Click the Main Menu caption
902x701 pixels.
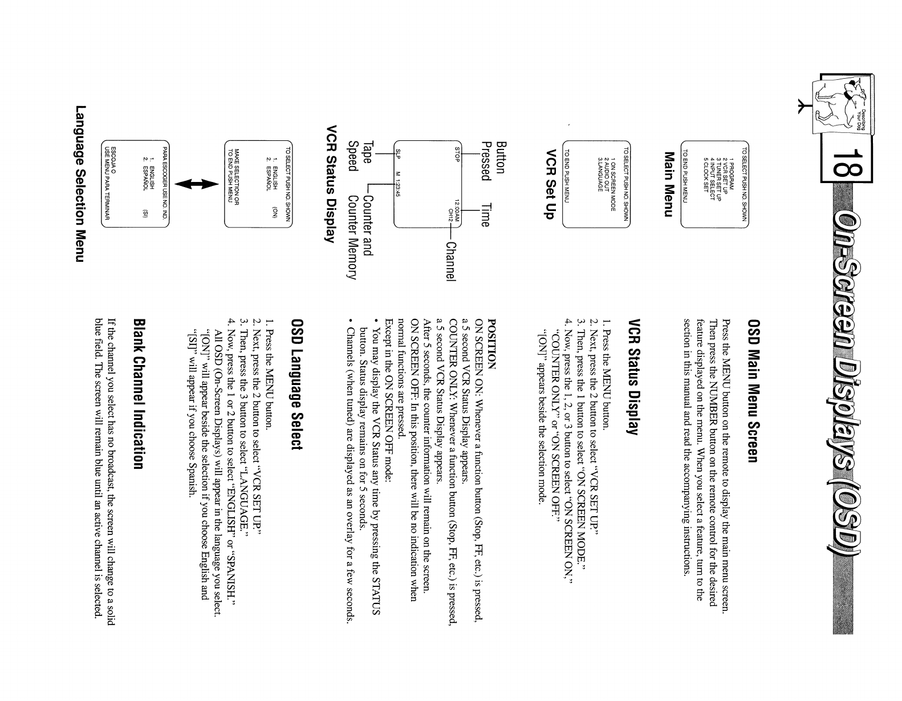click(669, 184)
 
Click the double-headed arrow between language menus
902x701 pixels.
click(197, 184)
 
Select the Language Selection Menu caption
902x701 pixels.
click(81, 184)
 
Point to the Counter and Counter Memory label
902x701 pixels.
click(360, 237)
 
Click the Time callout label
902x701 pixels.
click(485, 216)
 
